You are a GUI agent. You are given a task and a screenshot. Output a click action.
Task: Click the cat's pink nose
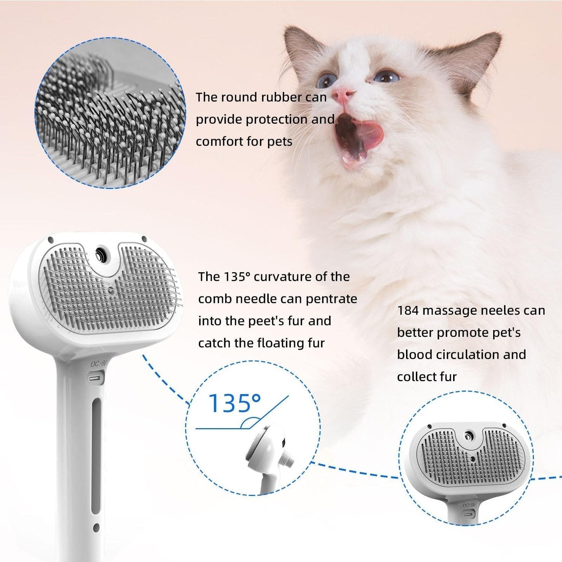click(344, 95)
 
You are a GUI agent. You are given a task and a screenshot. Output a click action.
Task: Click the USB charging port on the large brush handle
click(96, 378)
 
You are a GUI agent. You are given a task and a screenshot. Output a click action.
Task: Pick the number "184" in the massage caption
click(408, 310)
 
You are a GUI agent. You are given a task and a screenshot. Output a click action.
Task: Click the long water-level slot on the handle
click(96, 457)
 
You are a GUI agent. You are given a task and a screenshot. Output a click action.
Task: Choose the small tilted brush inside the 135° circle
click(268, 451)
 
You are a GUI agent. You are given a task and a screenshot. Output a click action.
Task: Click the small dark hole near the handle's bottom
click(96, 528)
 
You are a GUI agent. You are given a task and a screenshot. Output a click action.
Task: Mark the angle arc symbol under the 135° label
click(251, 423)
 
